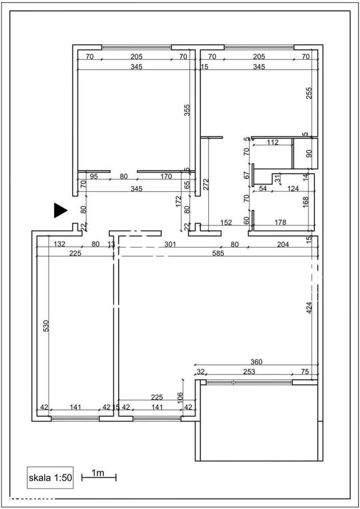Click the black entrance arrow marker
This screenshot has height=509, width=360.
point(61,210)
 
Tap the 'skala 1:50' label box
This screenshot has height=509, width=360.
point(50,477)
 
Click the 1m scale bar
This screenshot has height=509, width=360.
point(99,476)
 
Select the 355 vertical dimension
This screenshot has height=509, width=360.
point(187,110)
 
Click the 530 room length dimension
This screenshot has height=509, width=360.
point(46,325)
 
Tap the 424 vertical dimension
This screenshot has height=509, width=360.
point(309,307)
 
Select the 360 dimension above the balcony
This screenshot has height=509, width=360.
point(256,362)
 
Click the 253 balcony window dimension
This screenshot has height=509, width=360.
point(249,372)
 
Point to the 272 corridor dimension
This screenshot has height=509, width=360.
point(206,184)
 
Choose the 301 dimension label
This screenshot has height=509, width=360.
point(170,244)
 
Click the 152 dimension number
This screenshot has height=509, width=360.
point(226,222)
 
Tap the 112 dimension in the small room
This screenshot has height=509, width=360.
point(272,143)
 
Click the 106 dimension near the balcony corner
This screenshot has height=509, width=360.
point(180,397)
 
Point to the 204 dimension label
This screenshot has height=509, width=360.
point(283,244)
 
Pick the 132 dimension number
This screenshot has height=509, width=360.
point(60,244)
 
